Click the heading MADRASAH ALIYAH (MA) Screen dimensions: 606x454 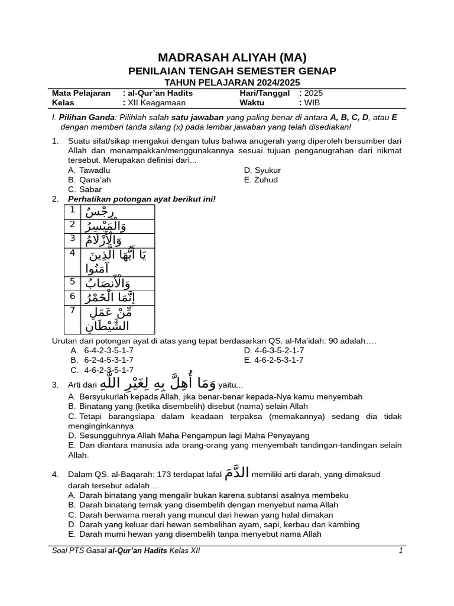coord(232,57)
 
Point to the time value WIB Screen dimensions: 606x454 coord(312,102)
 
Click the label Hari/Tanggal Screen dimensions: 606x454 coord(264,93)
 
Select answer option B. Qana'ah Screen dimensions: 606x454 coord(89,180)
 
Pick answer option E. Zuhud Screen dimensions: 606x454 coord(261,180)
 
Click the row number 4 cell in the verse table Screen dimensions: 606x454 coord(72,253)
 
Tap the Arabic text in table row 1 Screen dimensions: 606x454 coord(101,212)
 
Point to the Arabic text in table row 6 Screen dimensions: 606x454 coord(106,298)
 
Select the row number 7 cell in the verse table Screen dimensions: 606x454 coord(72,310)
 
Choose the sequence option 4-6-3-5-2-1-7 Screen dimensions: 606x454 coord(274,350)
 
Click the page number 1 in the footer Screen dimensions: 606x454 coord(400,551)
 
